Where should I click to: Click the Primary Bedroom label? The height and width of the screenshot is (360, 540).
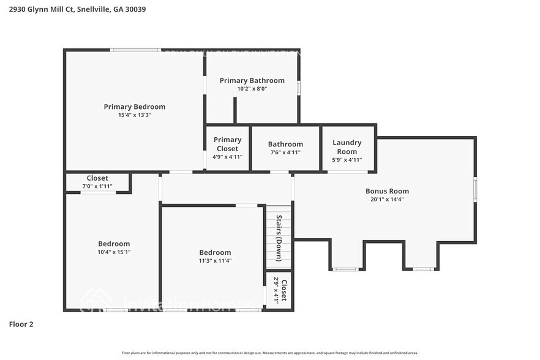[134, 107]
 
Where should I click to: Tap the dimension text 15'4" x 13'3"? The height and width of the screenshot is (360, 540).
[134, 115]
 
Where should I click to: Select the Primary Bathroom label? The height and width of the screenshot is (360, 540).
[252, 80]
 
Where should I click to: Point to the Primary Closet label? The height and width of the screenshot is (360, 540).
[227, 144]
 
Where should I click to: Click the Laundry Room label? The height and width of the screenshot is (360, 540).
[347, 147]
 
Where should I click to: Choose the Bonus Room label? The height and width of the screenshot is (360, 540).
[387, 190]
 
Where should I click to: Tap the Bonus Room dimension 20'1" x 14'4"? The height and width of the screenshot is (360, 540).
[387, 199]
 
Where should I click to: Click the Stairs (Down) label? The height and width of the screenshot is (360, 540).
[279, 229]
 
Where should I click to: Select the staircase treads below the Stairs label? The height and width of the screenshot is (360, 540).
[279, 257]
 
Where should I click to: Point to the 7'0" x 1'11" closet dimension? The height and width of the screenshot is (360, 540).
[97, 186]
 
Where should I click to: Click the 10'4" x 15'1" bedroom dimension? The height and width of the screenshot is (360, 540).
[114, 252]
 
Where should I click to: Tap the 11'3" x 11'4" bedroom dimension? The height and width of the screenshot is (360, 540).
[215, 260]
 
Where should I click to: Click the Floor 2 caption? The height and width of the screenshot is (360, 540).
[21, 324]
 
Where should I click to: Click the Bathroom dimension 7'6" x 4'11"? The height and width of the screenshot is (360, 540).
[285, 152]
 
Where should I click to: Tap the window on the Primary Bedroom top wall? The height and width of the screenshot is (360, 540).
[135, 50]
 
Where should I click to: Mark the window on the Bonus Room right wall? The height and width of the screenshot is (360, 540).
[475, 189]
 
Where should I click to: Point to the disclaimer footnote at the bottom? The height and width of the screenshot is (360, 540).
[270, 353]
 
